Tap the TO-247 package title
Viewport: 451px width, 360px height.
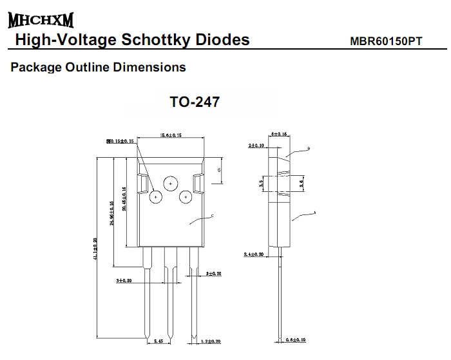coord(195,102)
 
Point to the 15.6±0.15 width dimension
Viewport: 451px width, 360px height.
coord(170,135)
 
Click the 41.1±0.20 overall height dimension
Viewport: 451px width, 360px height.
coord(95,249)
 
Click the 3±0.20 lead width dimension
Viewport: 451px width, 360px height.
coord(124,281)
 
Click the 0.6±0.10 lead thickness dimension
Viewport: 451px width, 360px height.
coord(296,340)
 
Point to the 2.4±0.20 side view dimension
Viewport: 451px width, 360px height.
coord(254,255)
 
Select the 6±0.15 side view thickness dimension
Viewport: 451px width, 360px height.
coord(279,134)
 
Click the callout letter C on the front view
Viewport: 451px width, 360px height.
coord(212,216)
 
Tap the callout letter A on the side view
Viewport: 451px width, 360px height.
coord(314,212)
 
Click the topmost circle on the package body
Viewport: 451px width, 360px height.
coord(170,184)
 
